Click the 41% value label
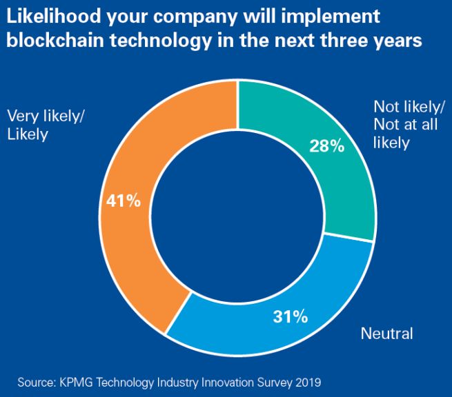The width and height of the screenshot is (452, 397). coord(124,201)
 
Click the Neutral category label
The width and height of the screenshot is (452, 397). coord(386,334)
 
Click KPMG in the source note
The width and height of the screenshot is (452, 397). coord(77,380)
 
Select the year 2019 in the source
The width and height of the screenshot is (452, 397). coord(307,380)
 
